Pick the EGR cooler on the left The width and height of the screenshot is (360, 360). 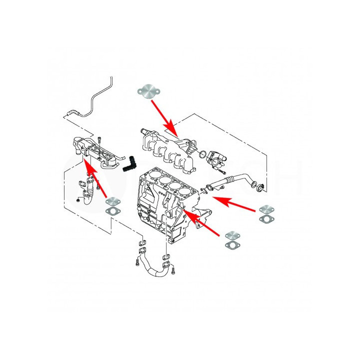point(95,150)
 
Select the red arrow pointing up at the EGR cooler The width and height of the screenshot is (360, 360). point(98,180)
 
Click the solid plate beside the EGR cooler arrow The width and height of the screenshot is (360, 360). point(114,202)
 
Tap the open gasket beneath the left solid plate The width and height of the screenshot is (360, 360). point(114,212)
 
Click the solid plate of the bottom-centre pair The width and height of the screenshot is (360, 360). point(232,235)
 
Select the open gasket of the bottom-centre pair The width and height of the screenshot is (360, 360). point(232,245)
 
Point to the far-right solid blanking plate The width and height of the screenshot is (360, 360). point(266,208)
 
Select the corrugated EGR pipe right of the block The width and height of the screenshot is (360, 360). point(235,179)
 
